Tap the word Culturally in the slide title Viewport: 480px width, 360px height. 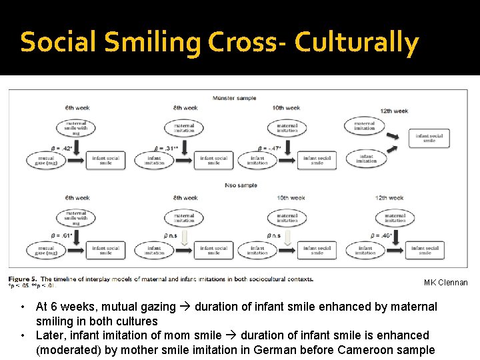click(357, 43)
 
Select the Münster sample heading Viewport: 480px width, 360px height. click(234, 98)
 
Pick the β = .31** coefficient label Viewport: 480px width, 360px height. click(167, 148)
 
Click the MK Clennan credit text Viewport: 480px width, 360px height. click(446, 283)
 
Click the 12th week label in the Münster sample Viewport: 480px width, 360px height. click(394, 111)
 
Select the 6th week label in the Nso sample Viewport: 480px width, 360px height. click(77, 198)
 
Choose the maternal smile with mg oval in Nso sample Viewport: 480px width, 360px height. click(76, 218)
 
